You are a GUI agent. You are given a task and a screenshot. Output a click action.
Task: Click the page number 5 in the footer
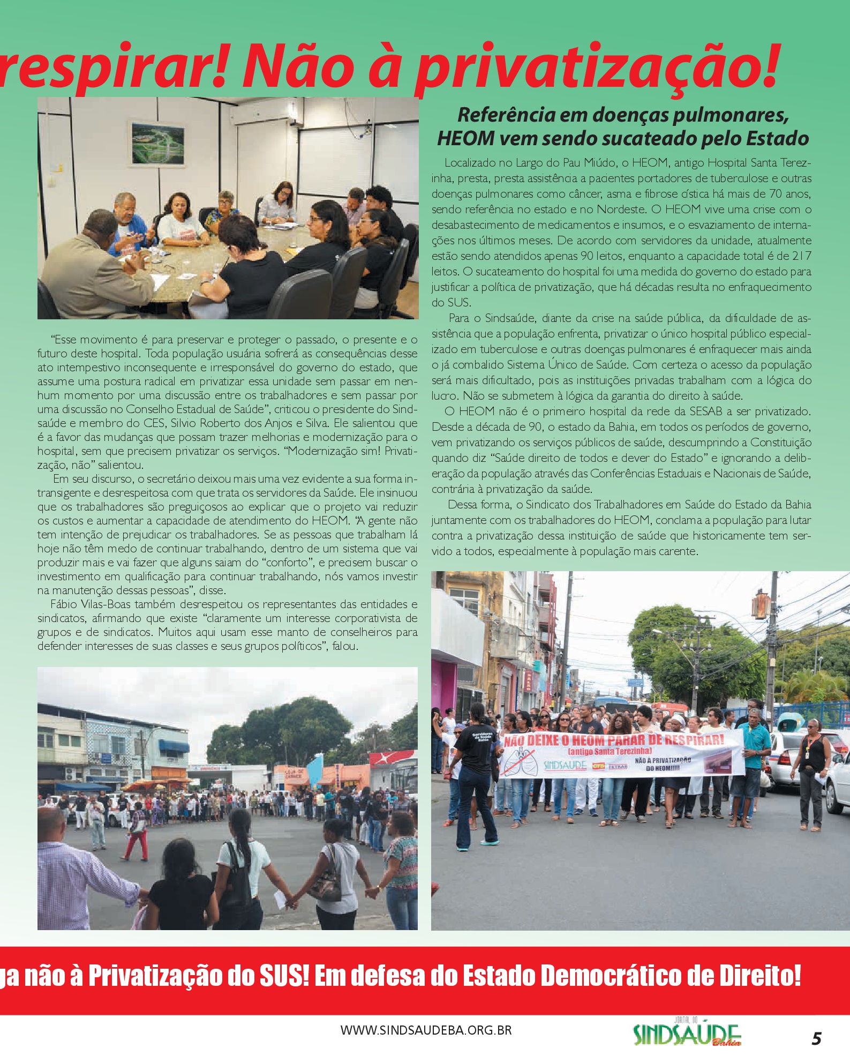[816, 1038]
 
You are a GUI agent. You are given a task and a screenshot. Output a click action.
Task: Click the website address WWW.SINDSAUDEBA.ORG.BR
[426, 1030]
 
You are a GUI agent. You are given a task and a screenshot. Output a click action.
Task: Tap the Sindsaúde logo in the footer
[687, 1035]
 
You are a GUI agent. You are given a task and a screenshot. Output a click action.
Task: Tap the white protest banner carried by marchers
[621, 753]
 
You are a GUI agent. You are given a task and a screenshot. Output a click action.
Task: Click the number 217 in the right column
[801, 256]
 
